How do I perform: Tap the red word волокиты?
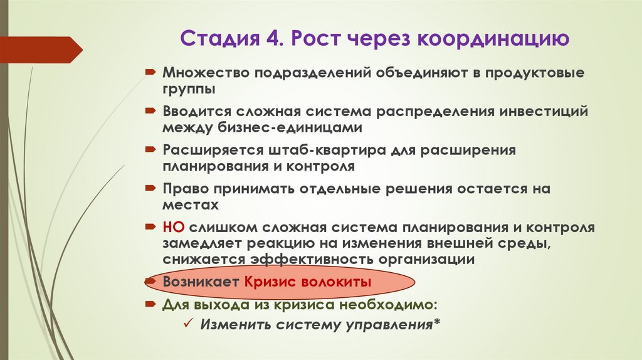point(341,283)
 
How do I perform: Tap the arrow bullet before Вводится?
point(151,112)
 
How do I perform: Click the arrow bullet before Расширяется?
point(151,151)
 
